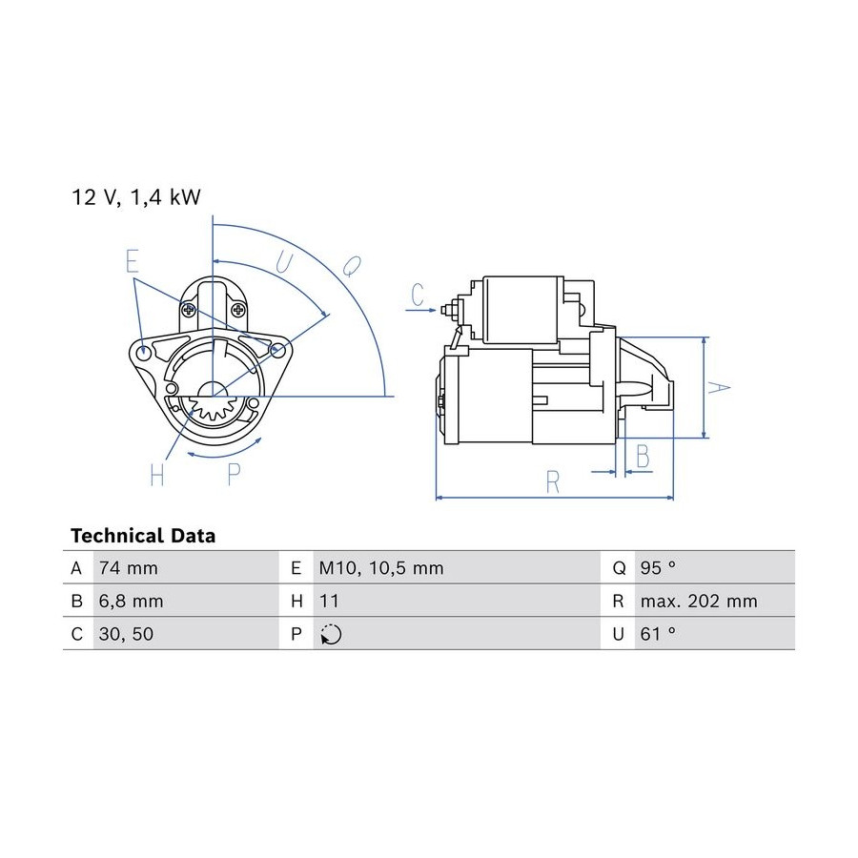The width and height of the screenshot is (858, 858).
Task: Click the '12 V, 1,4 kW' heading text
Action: click(136, 197)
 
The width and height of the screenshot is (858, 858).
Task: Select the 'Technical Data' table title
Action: click(143, 536)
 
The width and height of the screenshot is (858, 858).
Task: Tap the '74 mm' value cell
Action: click(129, 568)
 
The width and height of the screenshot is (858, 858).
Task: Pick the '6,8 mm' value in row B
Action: click(132, 602)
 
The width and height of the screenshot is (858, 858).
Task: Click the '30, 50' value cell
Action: click(127, 634)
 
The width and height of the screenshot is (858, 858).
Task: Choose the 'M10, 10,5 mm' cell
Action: click(381, 568)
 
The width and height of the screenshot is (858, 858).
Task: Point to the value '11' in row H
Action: click(329, 602)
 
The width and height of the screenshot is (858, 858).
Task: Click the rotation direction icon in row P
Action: click(331, 634)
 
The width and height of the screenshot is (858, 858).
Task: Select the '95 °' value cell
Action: click(658, 568)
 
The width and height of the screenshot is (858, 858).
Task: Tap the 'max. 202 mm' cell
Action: click(699, 602)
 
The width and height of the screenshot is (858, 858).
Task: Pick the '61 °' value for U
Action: click(658, 634)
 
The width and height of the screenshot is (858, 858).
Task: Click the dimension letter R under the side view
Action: click(553, 482)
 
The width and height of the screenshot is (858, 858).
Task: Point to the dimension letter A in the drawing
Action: click(719, 388)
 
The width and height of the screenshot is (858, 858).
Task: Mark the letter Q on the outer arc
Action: click(353, 267)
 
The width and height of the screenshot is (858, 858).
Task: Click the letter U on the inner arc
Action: click(284, 262)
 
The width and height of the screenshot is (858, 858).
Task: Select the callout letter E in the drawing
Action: click(132, 260)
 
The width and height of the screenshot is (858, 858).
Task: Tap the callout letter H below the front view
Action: click(157, 475)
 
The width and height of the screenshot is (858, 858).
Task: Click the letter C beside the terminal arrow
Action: click(418, 295)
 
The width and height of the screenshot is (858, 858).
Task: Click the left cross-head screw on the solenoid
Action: click(189, 310)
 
